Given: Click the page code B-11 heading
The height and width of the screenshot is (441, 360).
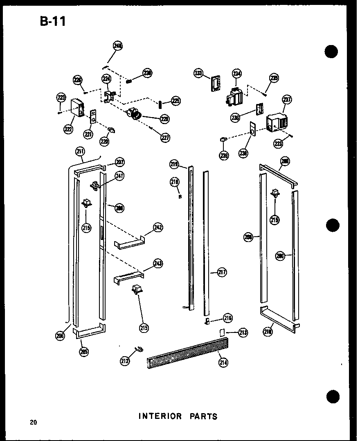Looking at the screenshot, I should pyautogui.click(x=53, y=21).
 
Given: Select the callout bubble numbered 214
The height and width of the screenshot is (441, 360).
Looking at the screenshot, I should pyautogui.click(x=223, y=362).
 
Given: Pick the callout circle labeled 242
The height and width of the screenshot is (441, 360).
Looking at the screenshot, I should pyautogui.click(x=158, y=227).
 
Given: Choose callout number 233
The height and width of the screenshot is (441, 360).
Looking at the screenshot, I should pyautogui.click(x=198, y=73).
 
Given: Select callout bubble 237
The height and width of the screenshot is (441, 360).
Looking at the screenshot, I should pyautogui.click(x=287, y=100).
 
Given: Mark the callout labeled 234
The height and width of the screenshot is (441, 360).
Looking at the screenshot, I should pyautogui.click(x=237, y=74).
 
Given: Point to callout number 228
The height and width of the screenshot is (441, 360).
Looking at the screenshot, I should pyautogui.click(x=164, y=119).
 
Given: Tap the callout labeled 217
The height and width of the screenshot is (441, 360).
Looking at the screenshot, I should pyautogui.click(x=222, y=272).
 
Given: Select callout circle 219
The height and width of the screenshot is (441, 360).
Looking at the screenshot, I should pyautogui.click(x=174, y=165).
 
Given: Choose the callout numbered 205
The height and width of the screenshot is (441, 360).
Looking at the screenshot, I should pyautogui.click(x=85, y=351).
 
